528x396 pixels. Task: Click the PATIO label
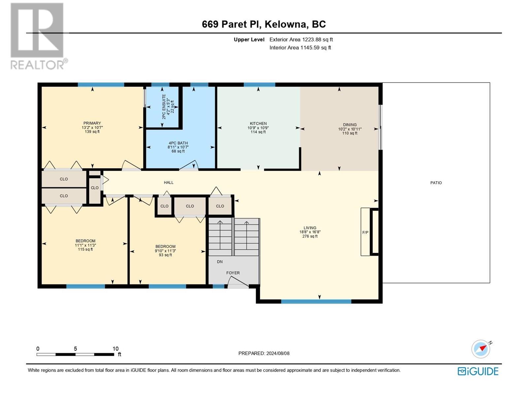click(x=436, y=183)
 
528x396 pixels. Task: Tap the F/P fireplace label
click(x=365, y=233)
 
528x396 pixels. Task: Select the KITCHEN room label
click(x=258, y=123)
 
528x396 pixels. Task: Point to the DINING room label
click(x=350, y=125)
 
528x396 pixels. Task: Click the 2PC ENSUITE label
click(x=164, y=107)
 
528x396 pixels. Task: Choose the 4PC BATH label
click(x=178, y=143)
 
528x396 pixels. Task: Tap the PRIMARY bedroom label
click(x=92, y=123)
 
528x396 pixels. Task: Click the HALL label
click(x=169, y=182)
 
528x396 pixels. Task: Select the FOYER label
click(x=233, y=273)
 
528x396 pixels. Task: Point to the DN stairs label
click(x=220, y=262)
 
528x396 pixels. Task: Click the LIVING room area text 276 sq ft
click(x=310, y=236)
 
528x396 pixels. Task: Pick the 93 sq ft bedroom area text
click(x=165, y=255)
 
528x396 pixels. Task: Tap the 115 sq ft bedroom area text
click(x=85, y=249)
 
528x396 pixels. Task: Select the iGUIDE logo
click(x=478, y=372)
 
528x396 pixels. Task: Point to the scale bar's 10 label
click(x=115, y=348)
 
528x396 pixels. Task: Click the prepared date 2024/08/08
click(x=278, y=353)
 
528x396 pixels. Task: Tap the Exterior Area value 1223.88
click(x=312, y=39)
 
